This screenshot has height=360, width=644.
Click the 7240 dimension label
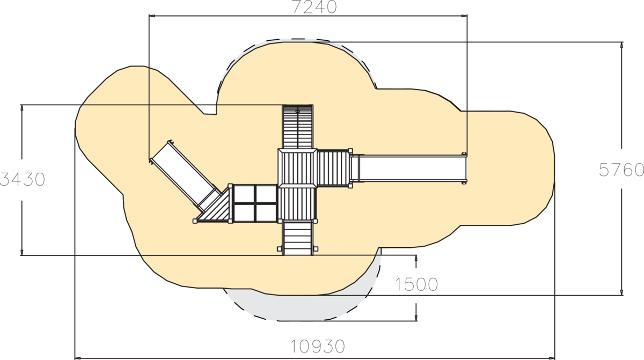[314, 7]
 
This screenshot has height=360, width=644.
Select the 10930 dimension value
[317, 346]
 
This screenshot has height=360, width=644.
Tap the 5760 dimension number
[621, 170]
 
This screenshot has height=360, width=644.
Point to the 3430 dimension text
[23, 180]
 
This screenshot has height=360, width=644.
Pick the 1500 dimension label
[416, 284]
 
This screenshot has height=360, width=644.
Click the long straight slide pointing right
[408, 168]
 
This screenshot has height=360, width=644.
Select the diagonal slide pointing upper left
[186, 176]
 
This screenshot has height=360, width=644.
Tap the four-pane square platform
[255, 203]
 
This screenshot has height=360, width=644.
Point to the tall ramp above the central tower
[298, 127]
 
